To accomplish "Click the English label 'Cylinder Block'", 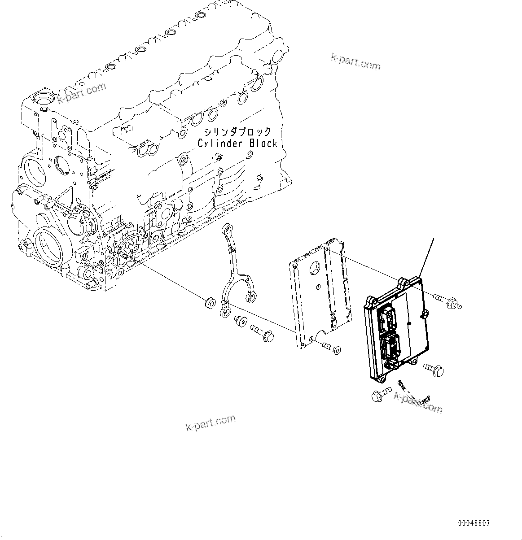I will click(237, 143).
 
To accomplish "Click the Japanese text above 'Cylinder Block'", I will click(237, 132).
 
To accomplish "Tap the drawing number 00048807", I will click(474, 523).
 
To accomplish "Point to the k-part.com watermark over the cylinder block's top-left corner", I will click(81, 93).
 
